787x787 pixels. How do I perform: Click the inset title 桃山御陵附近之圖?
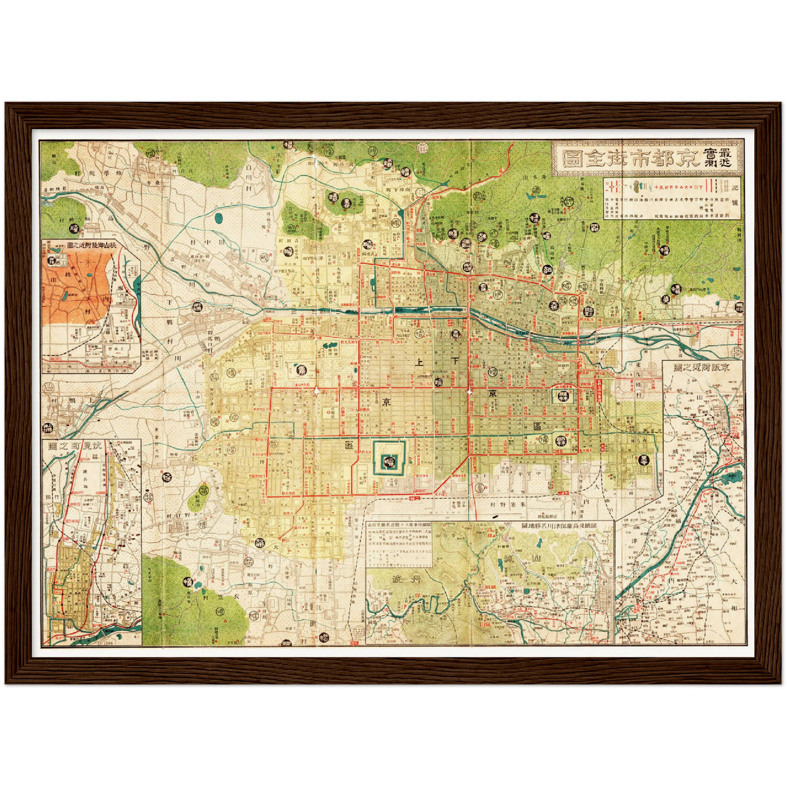91,246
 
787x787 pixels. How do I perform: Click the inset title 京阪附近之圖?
703,367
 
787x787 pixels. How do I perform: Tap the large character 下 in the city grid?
455,361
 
